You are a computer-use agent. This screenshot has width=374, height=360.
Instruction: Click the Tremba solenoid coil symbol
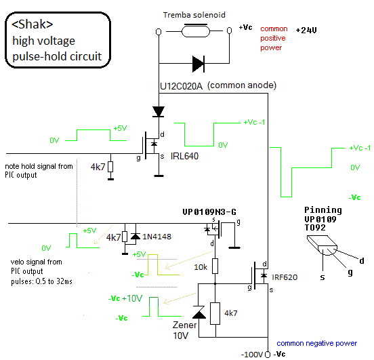click(196, 31)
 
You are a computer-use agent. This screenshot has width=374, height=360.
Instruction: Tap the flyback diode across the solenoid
click(199, 64)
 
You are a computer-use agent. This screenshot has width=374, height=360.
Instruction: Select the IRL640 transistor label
click(184, 156)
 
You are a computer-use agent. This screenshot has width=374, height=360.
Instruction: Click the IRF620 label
click(285, 277)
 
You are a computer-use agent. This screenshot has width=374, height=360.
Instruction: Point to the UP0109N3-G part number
click(209, 212)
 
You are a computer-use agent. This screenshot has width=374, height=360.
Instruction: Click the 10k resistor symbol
click(215, 266)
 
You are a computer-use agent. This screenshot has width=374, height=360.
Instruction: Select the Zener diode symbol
click(199, 312)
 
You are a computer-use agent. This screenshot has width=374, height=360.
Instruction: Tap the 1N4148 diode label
click(157, 237)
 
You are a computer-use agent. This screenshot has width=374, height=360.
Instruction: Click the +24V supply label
click(306, 31)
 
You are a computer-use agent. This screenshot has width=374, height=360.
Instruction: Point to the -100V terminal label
click(252, 355)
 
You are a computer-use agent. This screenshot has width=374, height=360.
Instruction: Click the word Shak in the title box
click(33, 24)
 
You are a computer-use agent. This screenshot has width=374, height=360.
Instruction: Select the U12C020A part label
click(182, 86)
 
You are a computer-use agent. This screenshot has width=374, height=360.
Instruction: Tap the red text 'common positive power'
click(274, 38)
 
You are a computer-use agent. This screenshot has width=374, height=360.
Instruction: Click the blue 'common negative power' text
click(317, 343)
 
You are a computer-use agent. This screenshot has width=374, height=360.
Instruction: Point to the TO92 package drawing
click(322, 245)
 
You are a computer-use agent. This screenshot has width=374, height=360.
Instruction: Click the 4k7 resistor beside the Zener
click(215, 313)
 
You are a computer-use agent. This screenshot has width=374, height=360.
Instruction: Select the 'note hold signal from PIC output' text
click(39, 170)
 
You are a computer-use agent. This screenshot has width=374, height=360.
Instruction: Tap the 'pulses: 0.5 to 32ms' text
click(41, 281)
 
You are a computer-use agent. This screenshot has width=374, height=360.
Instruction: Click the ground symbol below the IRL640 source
click(159, 176)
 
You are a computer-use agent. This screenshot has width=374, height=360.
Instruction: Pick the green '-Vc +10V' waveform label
click(125, 298)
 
